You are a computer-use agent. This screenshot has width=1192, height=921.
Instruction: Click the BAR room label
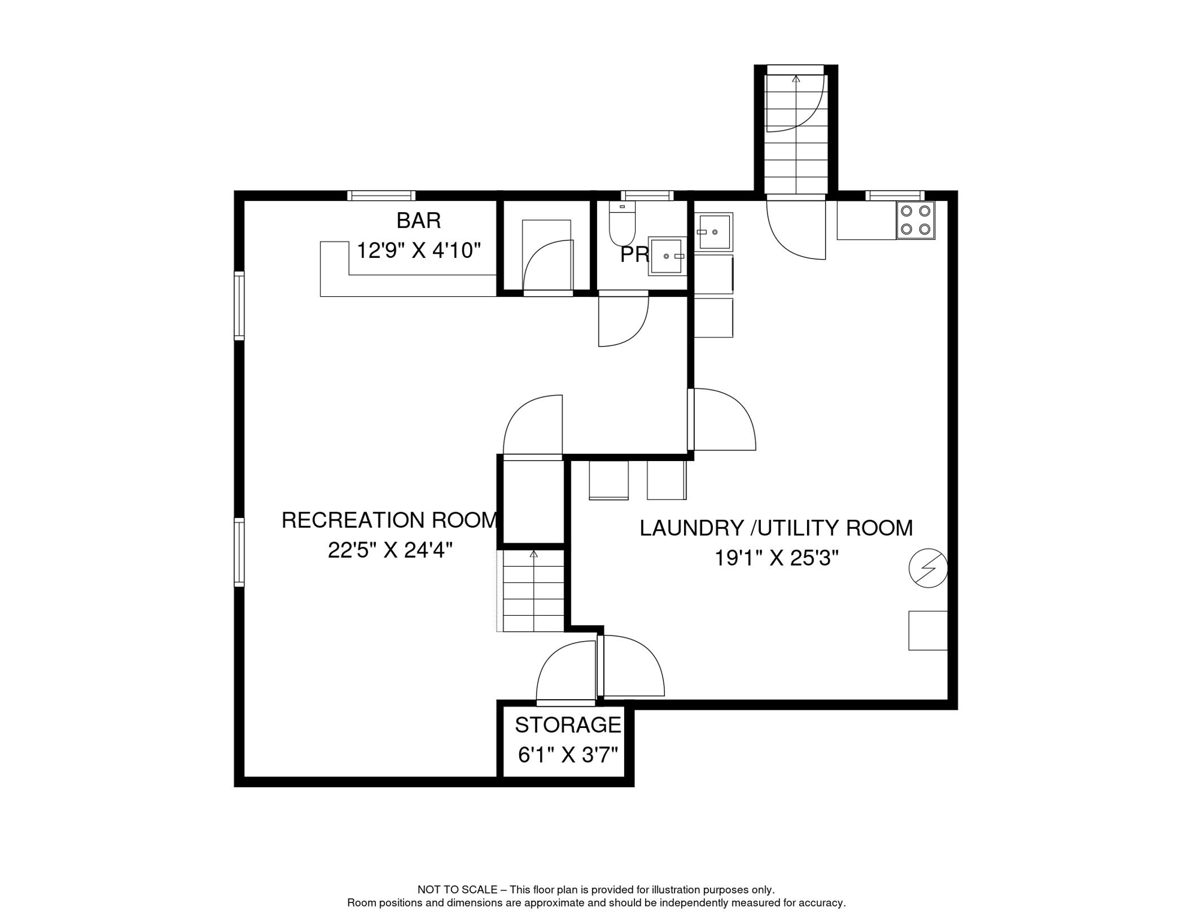point(419,221)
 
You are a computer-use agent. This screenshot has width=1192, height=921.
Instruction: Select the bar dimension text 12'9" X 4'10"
point(419,250)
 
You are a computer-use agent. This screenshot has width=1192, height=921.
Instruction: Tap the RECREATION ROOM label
point(390,520)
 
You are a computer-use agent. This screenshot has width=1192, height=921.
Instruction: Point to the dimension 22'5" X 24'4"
point(390,550)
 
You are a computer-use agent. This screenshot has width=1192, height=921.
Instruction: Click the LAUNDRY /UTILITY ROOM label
point(776,528)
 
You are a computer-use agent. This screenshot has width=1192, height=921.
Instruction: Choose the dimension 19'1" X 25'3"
point(776,558)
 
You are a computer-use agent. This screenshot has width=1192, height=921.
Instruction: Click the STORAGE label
point(568,725)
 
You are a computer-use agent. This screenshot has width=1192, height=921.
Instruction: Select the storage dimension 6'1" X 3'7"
point(568,755)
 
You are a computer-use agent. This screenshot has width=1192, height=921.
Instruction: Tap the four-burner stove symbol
point(916,220)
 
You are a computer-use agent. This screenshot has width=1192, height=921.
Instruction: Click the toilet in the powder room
point(622,224)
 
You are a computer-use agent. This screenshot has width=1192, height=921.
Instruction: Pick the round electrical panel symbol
point(928,568)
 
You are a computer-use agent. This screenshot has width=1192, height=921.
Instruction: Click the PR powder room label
point(634,255)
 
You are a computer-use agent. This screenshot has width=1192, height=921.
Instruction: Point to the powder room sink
point(667,256)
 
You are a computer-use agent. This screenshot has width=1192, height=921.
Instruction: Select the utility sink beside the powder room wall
point(714,232)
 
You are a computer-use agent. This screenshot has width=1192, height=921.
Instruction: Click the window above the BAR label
point(381,195)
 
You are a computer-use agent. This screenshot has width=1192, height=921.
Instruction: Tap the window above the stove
point(895,195)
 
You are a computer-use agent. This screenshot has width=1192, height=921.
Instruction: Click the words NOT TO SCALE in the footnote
point(457,890)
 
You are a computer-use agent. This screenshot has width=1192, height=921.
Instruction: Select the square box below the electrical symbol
point(928,630)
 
